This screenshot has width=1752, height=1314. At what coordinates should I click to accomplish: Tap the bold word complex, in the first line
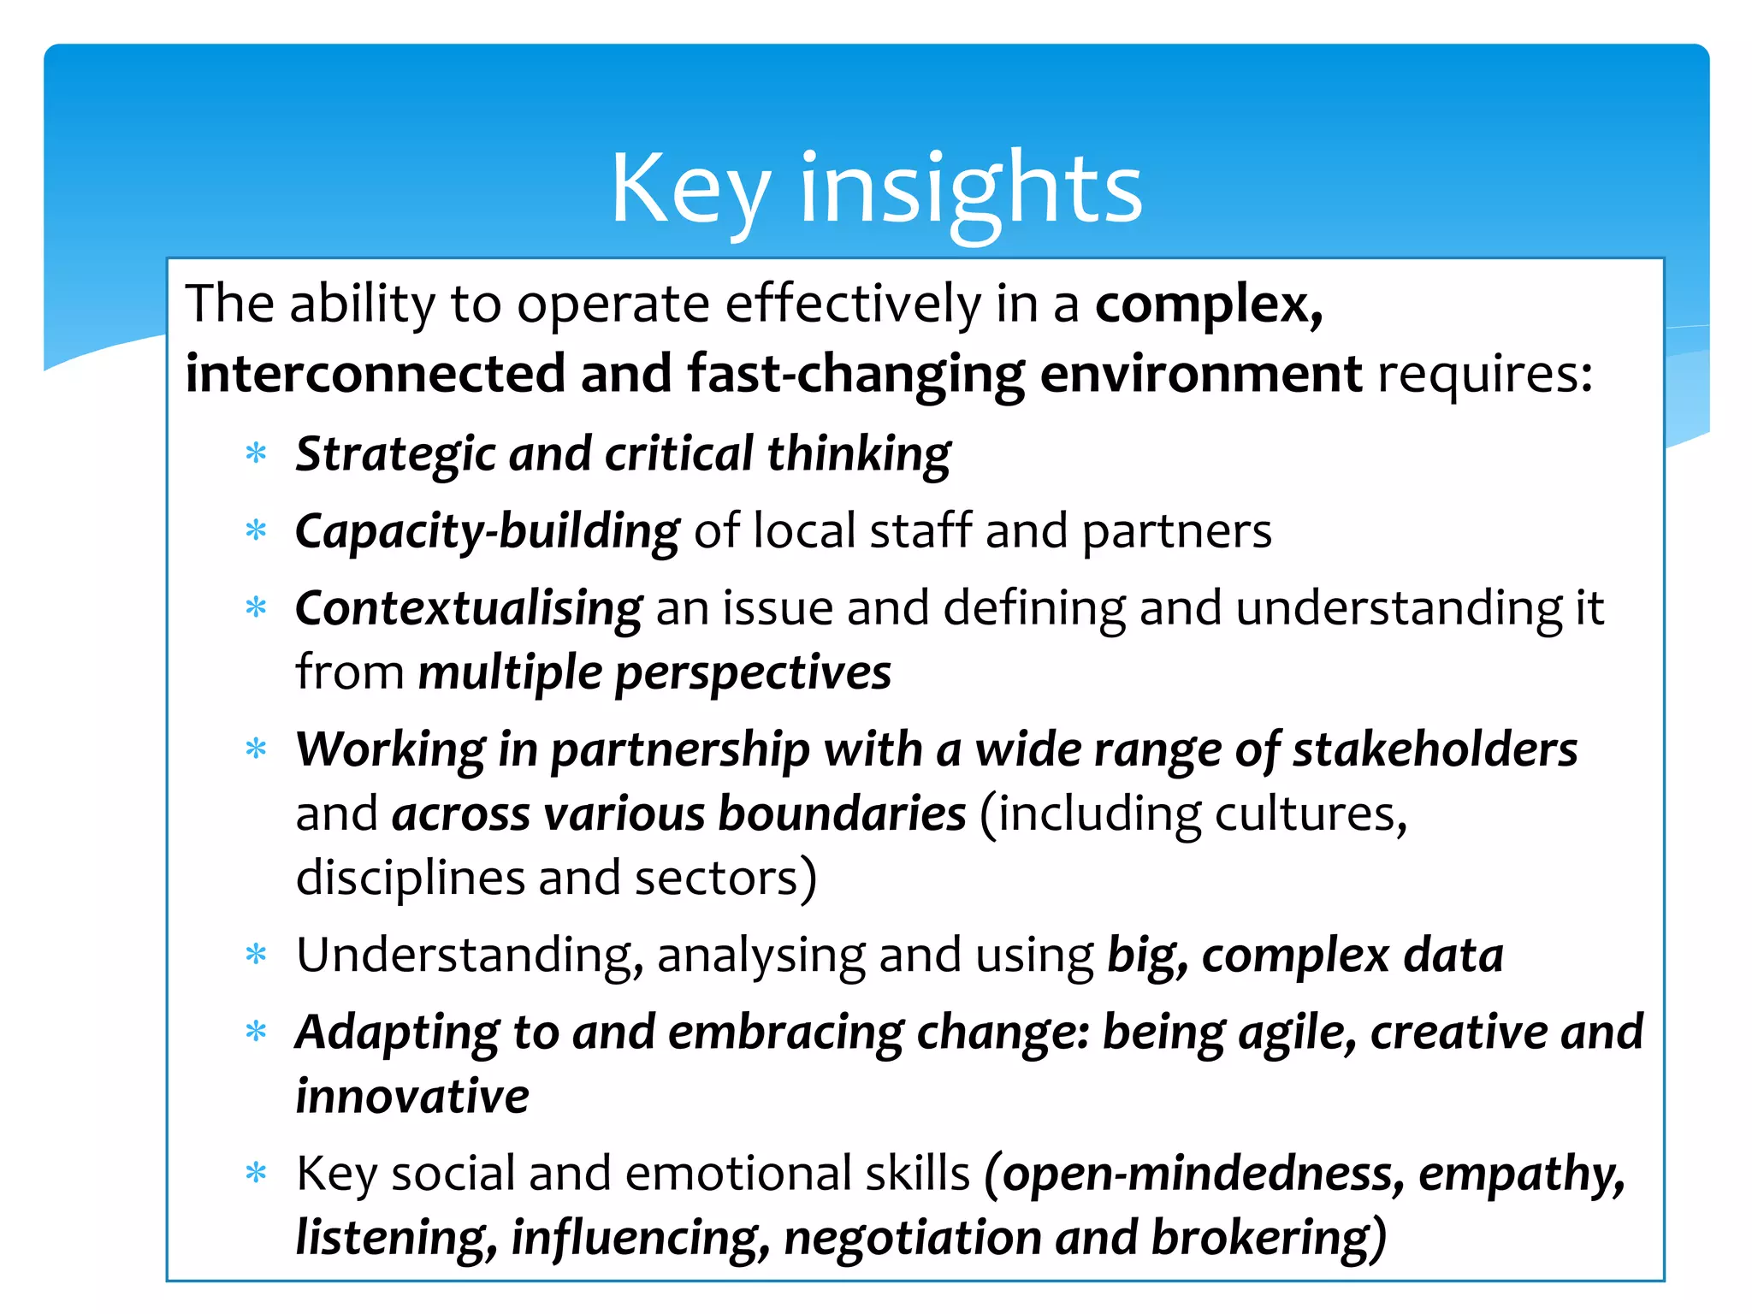tap(1209, 304)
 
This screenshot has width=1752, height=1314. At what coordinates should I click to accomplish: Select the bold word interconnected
tap(375, 374)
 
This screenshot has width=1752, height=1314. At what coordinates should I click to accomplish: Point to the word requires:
tap(1485, 374)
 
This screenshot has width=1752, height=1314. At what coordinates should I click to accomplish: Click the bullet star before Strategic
tap(256, 453)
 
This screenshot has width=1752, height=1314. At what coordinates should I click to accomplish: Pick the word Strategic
tap(394, 453)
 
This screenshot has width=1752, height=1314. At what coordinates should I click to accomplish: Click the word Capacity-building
tap(487, 531)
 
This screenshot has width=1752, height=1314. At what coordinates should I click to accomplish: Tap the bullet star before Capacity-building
tap(256, 531)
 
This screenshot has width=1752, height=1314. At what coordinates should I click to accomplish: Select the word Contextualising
tap(468, 608)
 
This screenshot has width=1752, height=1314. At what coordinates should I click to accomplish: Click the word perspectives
tap(753, 672)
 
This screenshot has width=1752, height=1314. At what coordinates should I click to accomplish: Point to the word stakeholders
tap(1434, 749)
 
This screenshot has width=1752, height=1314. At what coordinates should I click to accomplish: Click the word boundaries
tap(842, 814)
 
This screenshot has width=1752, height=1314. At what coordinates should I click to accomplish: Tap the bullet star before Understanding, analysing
tap(256, 955)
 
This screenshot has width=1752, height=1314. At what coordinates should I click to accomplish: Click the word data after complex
tap(1453, 956)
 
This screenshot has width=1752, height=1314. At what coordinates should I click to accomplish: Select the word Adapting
tap(396, 1033)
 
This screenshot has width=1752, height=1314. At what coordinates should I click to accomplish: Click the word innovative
tap(411, 1097)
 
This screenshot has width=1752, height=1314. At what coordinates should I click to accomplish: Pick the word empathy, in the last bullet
tap(1521, 1174)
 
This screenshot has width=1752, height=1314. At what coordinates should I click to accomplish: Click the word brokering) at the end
tap(1268, 1238)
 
